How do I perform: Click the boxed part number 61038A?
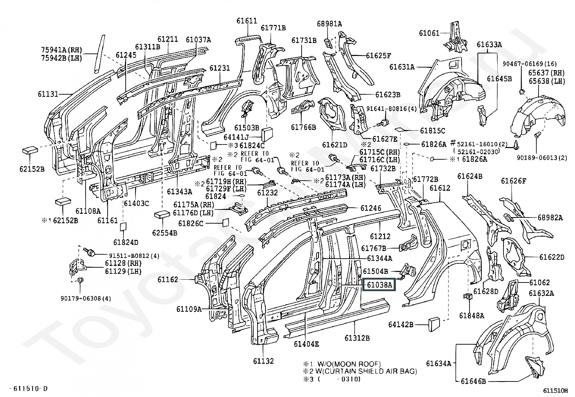[x=379, y=285]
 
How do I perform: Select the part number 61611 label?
[x=247, y=21]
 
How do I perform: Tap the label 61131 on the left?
[x=48, y=94]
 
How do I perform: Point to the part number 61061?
[x=429, y=33]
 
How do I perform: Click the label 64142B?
[x=401, y=324]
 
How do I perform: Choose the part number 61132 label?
[x=263, y=361]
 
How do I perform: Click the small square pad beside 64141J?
[x=268, y=134]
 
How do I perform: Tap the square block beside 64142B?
[x=434, y=324]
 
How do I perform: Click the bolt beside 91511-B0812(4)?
[x=89, y=250]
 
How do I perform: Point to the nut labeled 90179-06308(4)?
[x=81, y=280]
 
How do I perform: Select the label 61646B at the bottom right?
[x=473, y=381]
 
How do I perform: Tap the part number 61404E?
[x=306, y=344]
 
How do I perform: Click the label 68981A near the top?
[x=329, y=24]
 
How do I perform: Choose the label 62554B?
[x=165, y=233]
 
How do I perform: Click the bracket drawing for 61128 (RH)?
[x=77, y=267]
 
